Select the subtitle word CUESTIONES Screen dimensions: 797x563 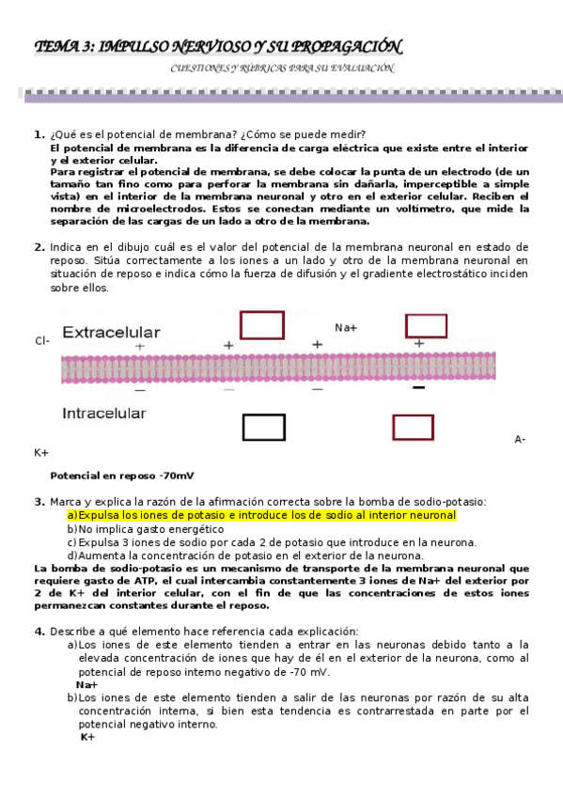point(199,69)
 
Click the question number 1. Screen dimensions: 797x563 point(39,135)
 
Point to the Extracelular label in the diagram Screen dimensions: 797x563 point(111,332)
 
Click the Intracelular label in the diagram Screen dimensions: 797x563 point(103,413)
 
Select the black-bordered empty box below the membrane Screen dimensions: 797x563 point(263,428)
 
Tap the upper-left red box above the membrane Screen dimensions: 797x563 point(262,324)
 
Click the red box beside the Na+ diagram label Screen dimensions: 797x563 point(426,324)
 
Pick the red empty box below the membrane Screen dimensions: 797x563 point(413,428)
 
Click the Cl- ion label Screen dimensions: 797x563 point(42,341)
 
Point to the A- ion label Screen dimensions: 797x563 point(520,439)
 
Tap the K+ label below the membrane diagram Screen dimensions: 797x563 point(41,453)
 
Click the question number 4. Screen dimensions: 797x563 point(39,631)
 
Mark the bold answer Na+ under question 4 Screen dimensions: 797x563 point(87,685)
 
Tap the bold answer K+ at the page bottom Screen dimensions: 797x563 point(87,737)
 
